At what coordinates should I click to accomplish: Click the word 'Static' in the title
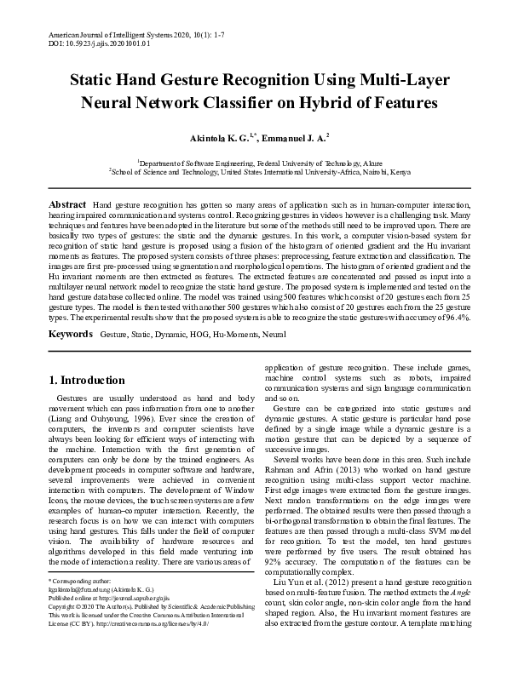94,82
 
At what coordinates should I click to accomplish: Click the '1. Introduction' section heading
87,380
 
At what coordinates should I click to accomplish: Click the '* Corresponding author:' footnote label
78,604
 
